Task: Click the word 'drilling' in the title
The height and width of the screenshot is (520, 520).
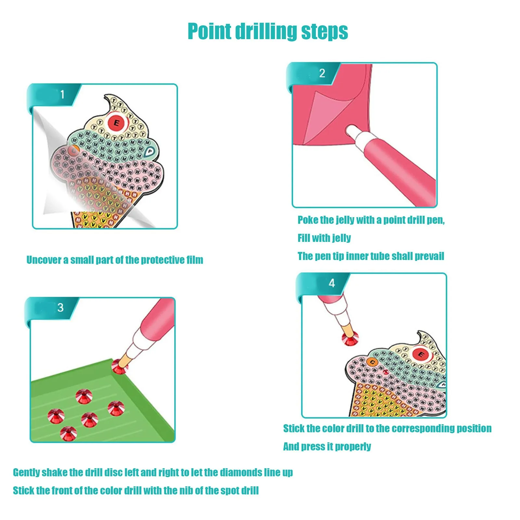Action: point(266,32)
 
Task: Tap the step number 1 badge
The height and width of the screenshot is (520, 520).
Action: point(62,95)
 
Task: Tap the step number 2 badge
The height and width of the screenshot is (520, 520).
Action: point(322,73)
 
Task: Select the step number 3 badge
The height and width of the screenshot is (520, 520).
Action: point(60,307)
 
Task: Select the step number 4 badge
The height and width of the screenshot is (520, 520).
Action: point(331,283)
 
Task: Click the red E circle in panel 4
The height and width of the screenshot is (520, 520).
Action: point(421,354)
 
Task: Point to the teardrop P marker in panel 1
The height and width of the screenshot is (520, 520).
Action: point(149,151)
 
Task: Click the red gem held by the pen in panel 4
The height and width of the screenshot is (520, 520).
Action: point(350,339)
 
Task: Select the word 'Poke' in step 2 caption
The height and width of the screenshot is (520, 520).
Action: point(308,220)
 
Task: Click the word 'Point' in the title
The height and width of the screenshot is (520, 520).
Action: point(209,32)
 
